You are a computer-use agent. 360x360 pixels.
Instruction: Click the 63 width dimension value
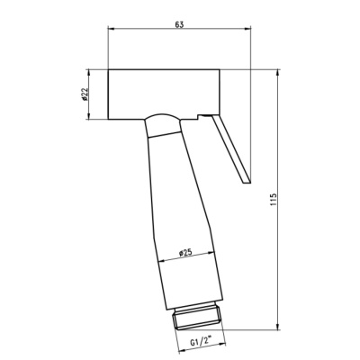point(179,24)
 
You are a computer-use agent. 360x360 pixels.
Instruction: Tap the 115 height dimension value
point(273,200)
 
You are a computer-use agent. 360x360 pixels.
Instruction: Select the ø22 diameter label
point(85,94)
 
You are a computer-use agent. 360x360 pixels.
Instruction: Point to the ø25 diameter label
point(185,253)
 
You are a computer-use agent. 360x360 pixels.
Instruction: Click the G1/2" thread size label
point(201,342)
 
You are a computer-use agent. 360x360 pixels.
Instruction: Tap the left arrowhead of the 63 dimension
point(111,29)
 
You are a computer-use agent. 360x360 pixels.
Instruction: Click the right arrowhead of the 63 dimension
point(247,29)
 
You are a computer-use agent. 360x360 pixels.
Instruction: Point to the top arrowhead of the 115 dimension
point(278,73)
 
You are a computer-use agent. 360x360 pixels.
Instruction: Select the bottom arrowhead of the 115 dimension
point(278,326)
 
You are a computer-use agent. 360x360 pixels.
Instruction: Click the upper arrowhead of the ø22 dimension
point(88,73)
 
